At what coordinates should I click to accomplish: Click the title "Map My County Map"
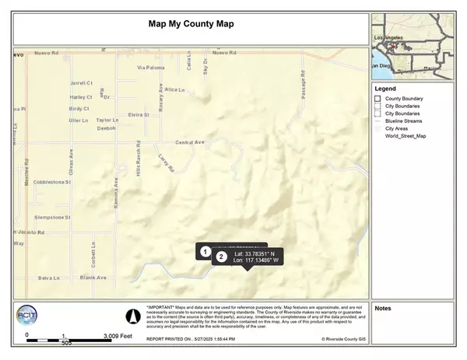point(191,24)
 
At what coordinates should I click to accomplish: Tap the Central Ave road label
point(189,142)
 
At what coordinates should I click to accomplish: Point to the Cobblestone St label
point(53,182)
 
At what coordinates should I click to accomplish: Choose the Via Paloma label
point(152,68)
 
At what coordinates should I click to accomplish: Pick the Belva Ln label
point(47,277)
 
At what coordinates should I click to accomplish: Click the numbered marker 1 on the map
point(205,251)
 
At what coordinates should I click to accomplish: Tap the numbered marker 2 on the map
point(222,256)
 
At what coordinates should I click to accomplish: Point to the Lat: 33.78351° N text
point(256,252)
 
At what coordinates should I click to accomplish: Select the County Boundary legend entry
point(406,99)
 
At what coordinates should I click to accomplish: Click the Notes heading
point(382,309)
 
